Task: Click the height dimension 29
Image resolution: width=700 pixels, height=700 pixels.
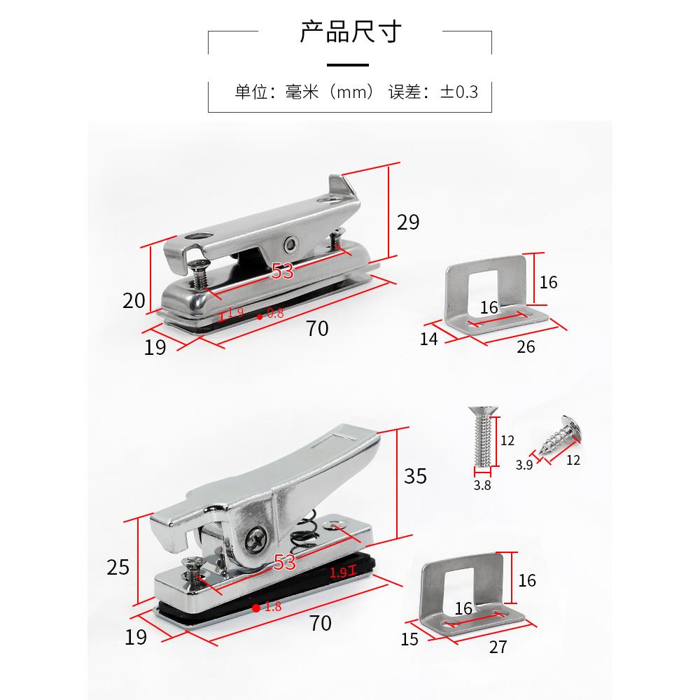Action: coord(408,222)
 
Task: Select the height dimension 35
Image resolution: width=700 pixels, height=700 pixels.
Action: coord(415,476)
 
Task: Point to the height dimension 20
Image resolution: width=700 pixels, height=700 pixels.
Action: coord(134,300)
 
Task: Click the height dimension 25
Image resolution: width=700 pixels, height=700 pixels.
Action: coord(119,566)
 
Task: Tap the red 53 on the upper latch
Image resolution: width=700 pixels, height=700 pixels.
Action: coord(281,272)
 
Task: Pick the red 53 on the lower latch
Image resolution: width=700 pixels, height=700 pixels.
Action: coord(285,562)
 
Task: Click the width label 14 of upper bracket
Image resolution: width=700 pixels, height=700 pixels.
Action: coord(429,339)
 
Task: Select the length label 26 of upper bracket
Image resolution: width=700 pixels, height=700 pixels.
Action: coord(526,346)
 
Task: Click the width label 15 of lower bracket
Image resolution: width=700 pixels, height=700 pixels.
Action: coord(409,638)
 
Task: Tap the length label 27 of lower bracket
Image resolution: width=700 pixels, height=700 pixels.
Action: coord(498,647)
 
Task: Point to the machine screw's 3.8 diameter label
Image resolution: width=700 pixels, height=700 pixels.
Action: coord(482,484)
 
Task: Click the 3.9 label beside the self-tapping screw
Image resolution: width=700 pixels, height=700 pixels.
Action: coord(524,464)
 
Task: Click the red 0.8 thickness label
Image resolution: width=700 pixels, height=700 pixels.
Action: coord(275,314)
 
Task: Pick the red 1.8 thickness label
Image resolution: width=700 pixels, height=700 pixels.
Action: coord(272,607)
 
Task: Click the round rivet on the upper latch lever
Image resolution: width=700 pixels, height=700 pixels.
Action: coord(290,244)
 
